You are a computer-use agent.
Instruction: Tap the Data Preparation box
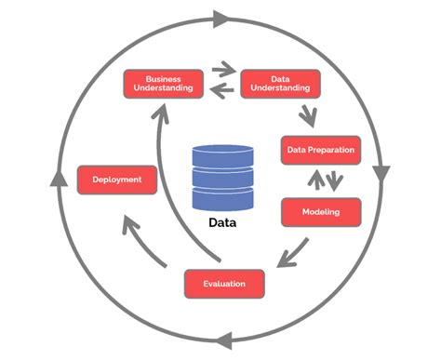[x=319, y=150]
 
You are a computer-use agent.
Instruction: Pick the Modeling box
[x=319, y=211]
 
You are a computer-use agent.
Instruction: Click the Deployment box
[x=116, y=179]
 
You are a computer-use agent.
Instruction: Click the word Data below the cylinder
[x=222, y=223]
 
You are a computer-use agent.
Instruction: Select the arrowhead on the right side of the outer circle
[x=381, y=174]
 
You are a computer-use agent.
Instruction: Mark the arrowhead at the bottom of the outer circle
[x=221, y=341]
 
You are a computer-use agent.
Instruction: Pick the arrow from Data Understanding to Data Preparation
[x=305, y=114]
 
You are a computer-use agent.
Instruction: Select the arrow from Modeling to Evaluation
[x=296, y=249]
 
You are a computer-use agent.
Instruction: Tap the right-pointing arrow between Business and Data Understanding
[x=224, y=68]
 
